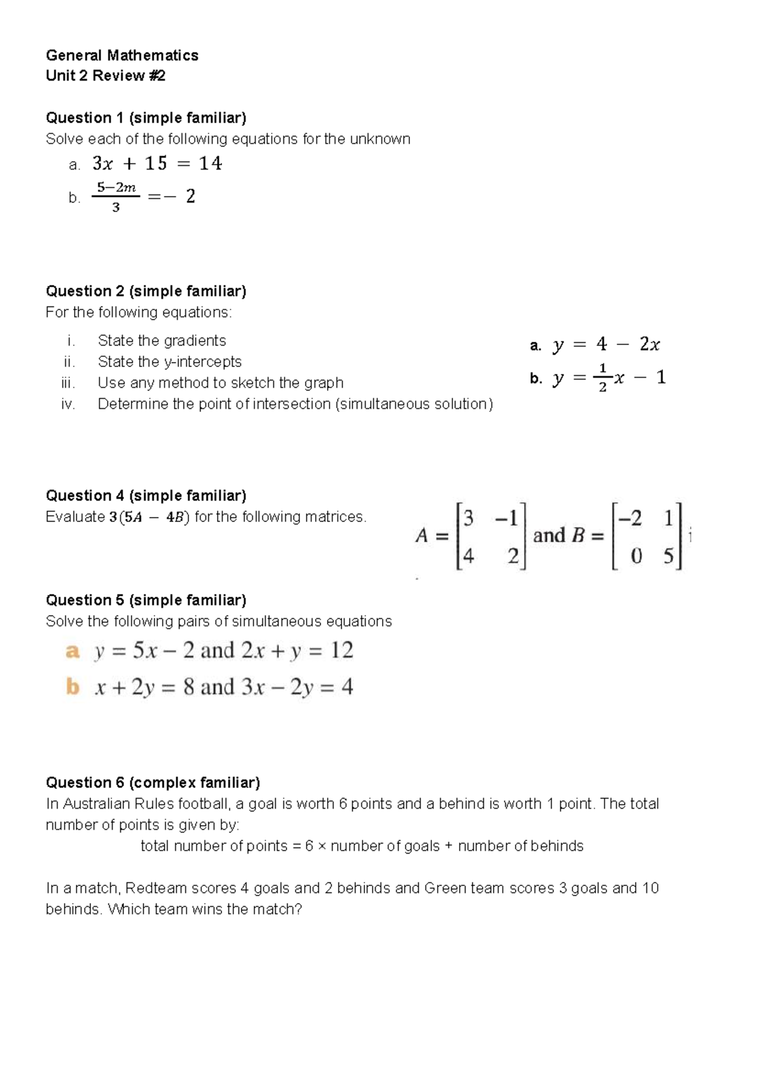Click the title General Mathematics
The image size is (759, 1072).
point(122,56)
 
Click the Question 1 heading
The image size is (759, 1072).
point(145,118)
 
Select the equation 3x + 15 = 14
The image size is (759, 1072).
point(157,164)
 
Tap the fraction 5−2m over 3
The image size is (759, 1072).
point(116,197)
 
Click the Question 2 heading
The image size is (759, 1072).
point(145,291)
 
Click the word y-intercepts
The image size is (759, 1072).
point(202,361)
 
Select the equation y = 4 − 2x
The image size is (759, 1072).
point(606,345)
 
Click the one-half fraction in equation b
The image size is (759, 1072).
point(602,378)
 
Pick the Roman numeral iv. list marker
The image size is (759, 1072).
point(68,404)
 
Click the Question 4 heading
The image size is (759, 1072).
point(145,495)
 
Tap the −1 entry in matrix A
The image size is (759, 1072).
point(507,519)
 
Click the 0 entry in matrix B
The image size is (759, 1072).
point(636,556)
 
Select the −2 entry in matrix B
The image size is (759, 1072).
point(630,519)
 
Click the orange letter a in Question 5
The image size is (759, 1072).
point(73,651)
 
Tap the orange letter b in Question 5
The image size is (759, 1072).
point(73,687)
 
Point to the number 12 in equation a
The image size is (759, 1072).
point(342,651)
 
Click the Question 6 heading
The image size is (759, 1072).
point(152,783)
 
